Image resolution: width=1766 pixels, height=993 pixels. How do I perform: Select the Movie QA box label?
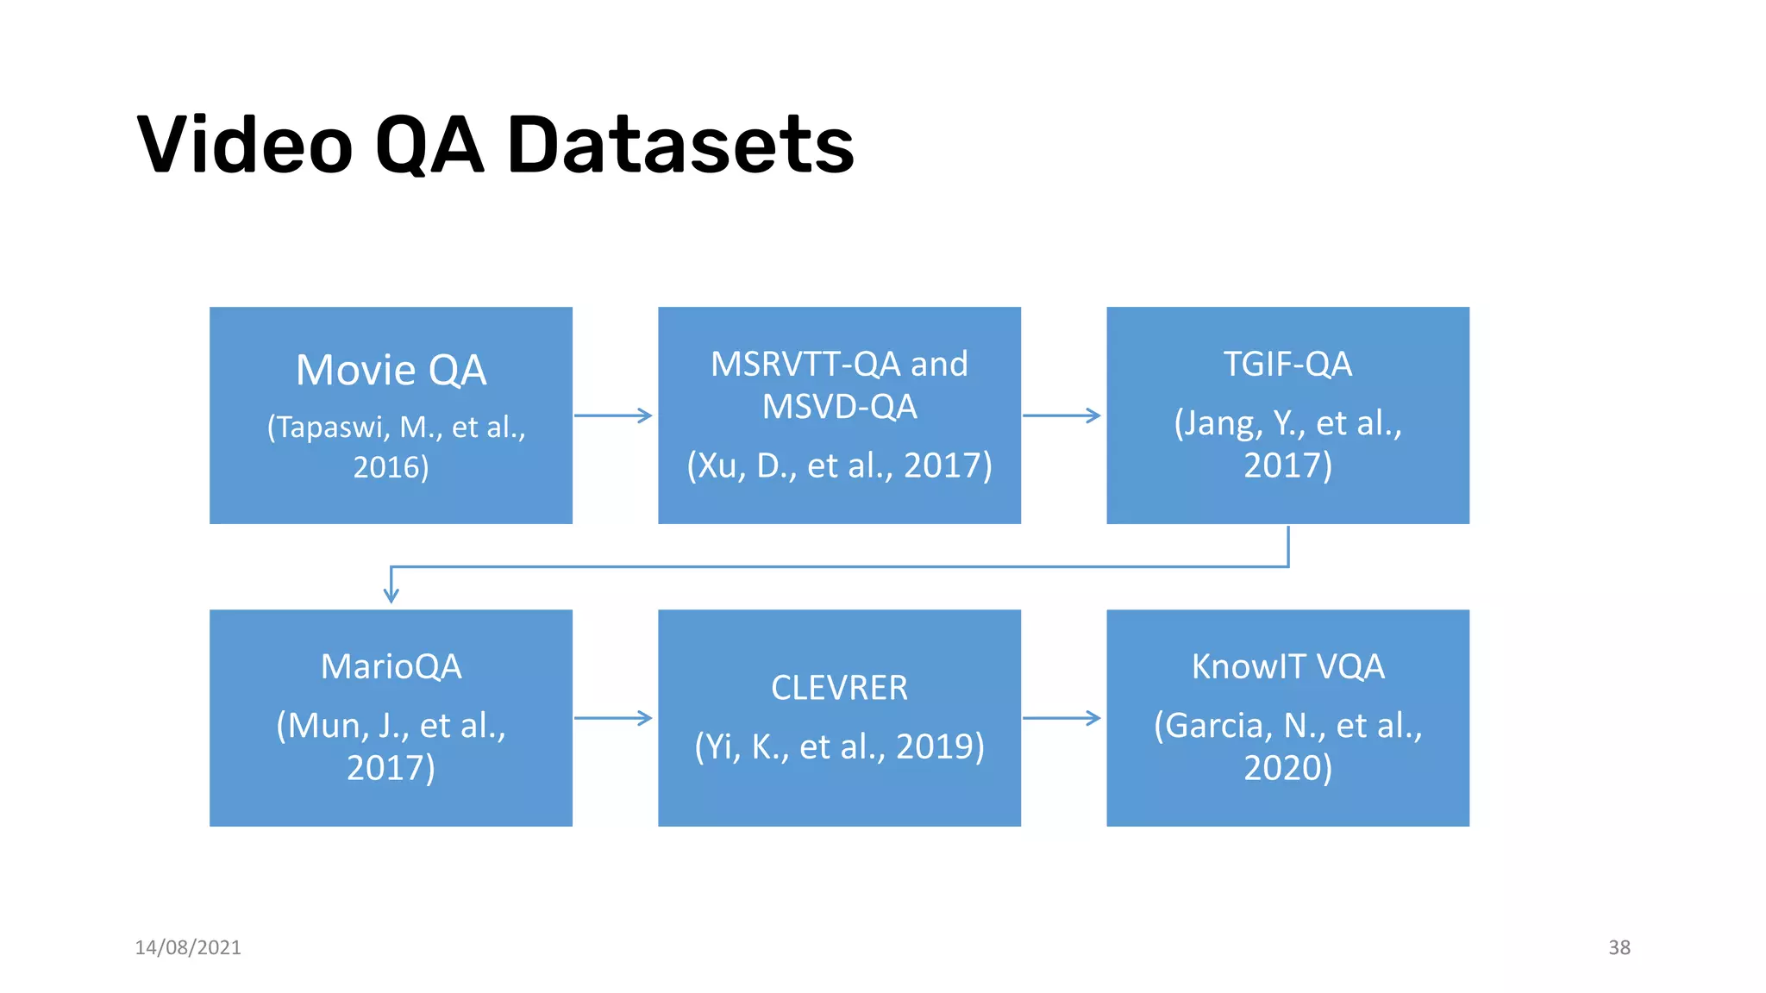pyautogui.click(x=391, y=370)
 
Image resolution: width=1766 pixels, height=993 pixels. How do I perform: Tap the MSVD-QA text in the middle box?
pyautogui.click(x=839, y=407)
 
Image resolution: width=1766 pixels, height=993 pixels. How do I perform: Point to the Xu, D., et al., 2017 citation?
pyautogui.click(x=839, y=465)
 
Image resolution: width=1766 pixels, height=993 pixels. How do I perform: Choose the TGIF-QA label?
pyautogui.click(x=1287, y=364)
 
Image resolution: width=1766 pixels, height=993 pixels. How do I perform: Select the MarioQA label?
pyautogui.click(x=391, y=666)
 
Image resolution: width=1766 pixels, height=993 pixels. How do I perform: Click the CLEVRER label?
pyautogui.click(x=839, y=688)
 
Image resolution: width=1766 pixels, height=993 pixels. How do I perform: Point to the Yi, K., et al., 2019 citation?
pyautogui.click(x=839, y=746)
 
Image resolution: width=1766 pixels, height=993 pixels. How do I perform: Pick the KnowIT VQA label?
pyautogui.click(x=1287, y=666)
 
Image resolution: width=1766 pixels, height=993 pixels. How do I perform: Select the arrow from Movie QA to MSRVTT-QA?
pyautogui.click(x=613, y=415)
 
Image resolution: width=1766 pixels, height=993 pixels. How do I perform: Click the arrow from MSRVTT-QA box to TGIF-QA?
pyautogui.click(x=1061, y=415)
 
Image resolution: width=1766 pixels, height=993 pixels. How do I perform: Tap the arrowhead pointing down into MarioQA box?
pyautogui.click(x=391, y=595)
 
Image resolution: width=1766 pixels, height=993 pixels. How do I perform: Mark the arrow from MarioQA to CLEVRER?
pyautogui.click(x=613, y=718)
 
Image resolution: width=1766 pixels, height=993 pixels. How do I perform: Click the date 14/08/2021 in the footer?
pyautogui.click(x=188, y=947)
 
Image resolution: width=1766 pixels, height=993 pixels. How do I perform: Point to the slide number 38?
pyautogui.click(x=1619, y=947)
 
